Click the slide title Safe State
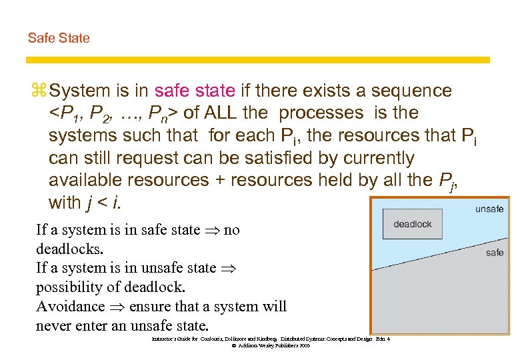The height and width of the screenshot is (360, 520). pos(59,38)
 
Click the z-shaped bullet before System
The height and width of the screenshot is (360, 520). pos(37,91)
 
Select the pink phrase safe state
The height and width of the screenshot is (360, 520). pos(195,91)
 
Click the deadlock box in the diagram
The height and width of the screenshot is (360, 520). pos(413,224)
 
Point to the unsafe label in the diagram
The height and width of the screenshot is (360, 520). pos(489,209)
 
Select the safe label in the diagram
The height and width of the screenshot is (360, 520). pos(495,253)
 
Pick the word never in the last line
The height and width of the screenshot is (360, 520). pos(55,326)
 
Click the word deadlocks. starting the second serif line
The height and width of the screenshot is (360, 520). pos(69,249)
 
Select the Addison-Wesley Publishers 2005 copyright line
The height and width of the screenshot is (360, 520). pos(271,346)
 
